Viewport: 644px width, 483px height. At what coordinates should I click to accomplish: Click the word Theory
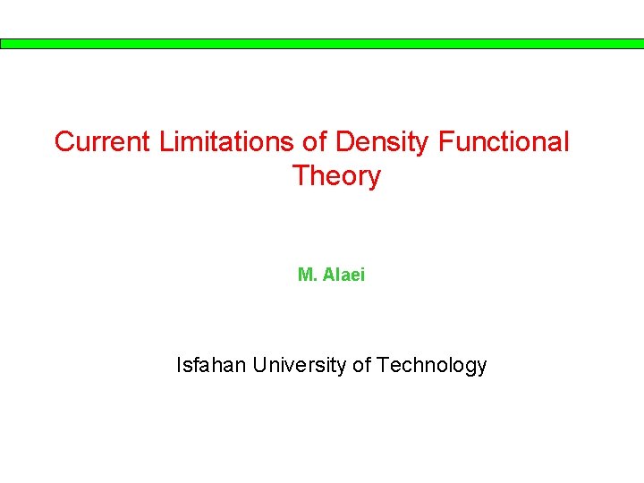(x=336, y=176)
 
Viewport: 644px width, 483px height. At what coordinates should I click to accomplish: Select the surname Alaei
(x=343, y=275)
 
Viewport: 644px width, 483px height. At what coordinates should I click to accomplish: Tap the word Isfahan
(x=211, y=365)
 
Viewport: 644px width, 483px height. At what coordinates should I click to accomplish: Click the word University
(x=301, y=366)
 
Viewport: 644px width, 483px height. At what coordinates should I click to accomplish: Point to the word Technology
(x=432, y=366)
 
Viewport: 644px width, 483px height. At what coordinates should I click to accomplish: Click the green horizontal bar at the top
(x=322, y=43)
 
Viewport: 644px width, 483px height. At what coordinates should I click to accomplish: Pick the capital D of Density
(x=344, y=142)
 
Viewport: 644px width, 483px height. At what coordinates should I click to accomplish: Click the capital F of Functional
(x=445, y=142)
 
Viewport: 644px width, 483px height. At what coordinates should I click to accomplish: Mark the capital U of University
(x=258, y=365)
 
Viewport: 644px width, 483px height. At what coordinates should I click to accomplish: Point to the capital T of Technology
(x=383, y=365)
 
